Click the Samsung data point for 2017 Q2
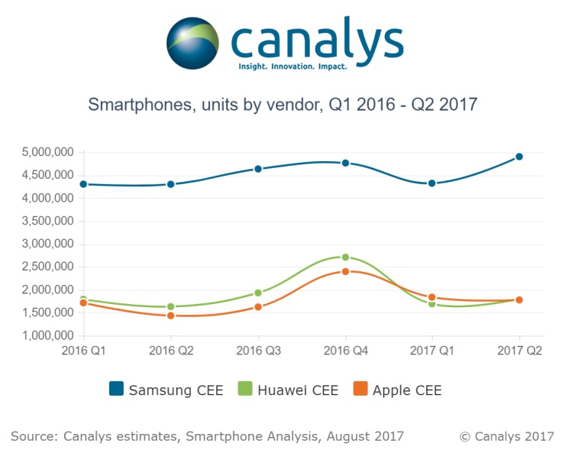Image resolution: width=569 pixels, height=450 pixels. coord(519,157)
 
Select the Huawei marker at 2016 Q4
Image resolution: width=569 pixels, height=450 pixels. coord(345,257)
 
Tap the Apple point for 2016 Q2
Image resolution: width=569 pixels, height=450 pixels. coord(171,316)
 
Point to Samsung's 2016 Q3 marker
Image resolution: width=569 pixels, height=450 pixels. coord(258,169)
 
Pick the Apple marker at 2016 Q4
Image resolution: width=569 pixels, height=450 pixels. coord(345,271)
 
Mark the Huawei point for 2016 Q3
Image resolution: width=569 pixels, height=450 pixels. coord(258,293)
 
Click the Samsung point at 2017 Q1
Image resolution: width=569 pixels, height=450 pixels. coord(432,183)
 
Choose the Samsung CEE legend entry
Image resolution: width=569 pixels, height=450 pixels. coord(166,390)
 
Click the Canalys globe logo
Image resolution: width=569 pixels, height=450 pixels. coord(194,44)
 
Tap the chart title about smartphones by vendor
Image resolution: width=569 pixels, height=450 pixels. coord(283,105)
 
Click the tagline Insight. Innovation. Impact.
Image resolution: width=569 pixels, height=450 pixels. coord(292,67)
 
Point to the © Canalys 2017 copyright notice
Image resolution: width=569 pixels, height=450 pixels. coord(506,436)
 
